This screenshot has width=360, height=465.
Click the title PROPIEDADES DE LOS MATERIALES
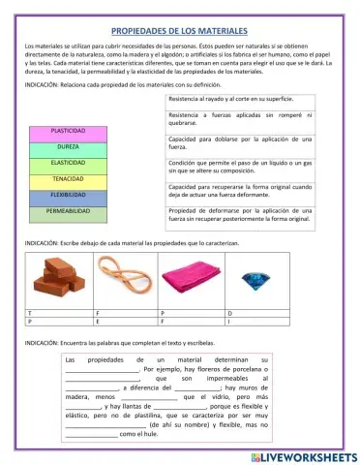(180, 32)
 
